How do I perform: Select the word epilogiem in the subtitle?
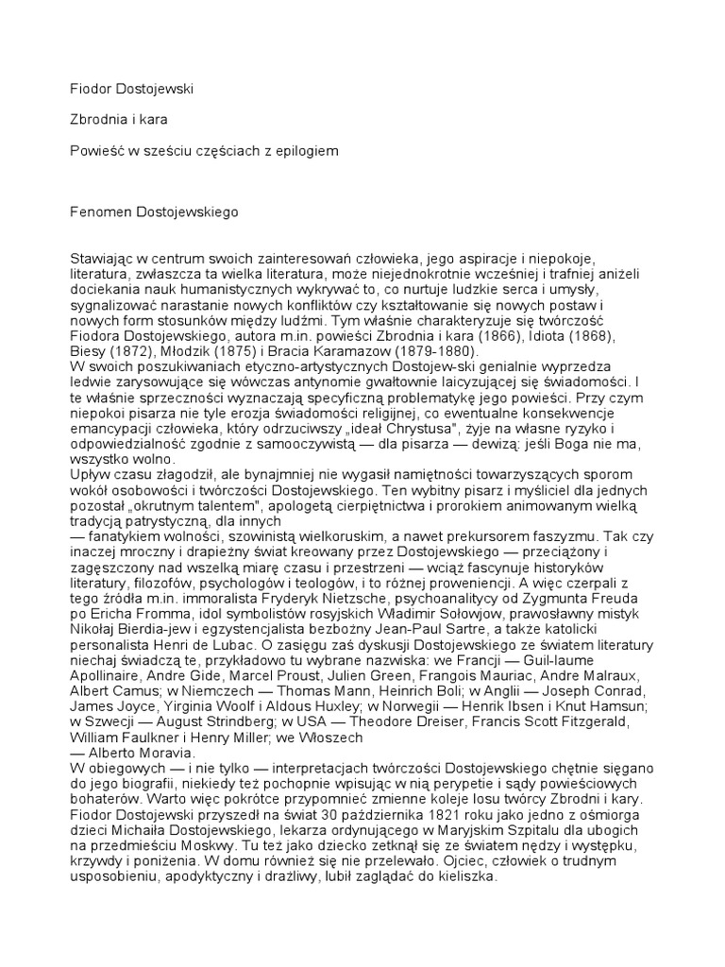308,150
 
